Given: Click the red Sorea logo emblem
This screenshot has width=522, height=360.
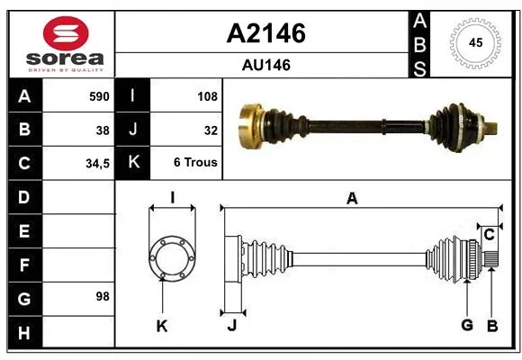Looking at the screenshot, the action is click(x=66, y=33).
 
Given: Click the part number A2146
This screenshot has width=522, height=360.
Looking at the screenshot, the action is click(x=265, y=33).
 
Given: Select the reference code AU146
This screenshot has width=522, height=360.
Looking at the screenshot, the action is click(x=266, y=65).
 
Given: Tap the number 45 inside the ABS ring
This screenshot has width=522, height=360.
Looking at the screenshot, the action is click(x=475, y=42).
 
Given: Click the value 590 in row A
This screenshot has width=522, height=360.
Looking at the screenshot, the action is click(x=99, y=96).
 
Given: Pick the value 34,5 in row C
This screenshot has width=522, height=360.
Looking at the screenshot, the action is click(x=97, y=164).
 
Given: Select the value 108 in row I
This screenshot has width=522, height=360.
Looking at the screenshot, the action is click(x=207, y=96).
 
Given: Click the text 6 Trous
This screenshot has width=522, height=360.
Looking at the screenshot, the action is click(x=195, y=162).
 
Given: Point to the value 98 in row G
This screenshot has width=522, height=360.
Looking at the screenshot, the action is click(x=103, y=296).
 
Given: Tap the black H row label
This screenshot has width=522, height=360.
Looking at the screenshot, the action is click(x=25, y=332).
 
